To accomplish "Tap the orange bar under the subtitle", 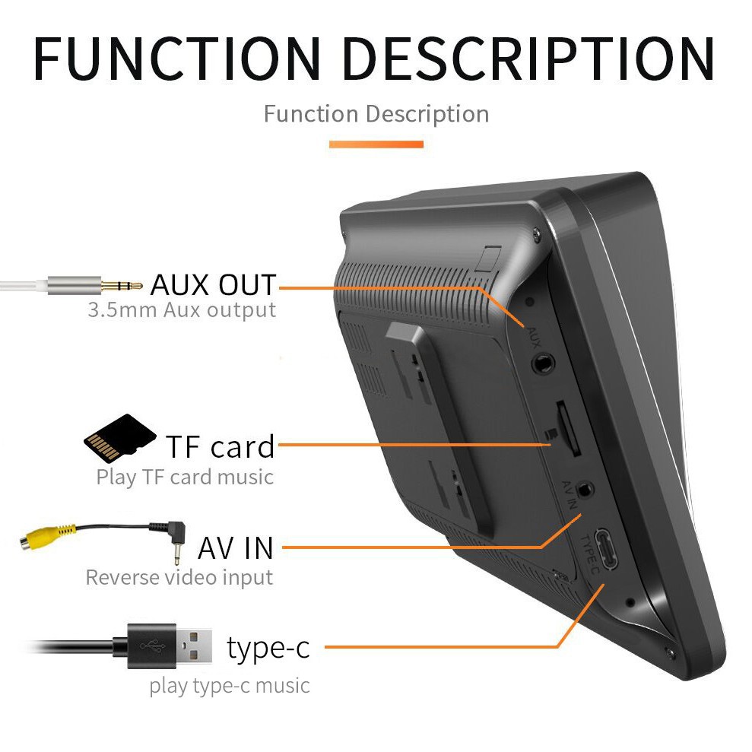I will click(376, 143).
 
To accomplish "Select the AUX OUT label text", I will click(213, 284).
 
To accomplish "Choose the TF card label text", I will click(220, 446).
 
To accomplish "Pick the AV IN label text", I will click(235, 547).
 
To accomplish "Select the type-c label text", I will click(268, 648).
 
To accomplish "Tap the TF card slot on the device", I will click(571, 430).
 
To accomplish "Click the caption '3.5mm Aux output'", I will click(181, 310).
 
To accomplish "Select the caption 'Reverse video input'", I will click(179, 577).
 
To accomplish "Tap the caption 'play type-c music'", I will click(230, 686).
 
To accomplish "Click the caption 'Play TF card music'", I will click(185, 477).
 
